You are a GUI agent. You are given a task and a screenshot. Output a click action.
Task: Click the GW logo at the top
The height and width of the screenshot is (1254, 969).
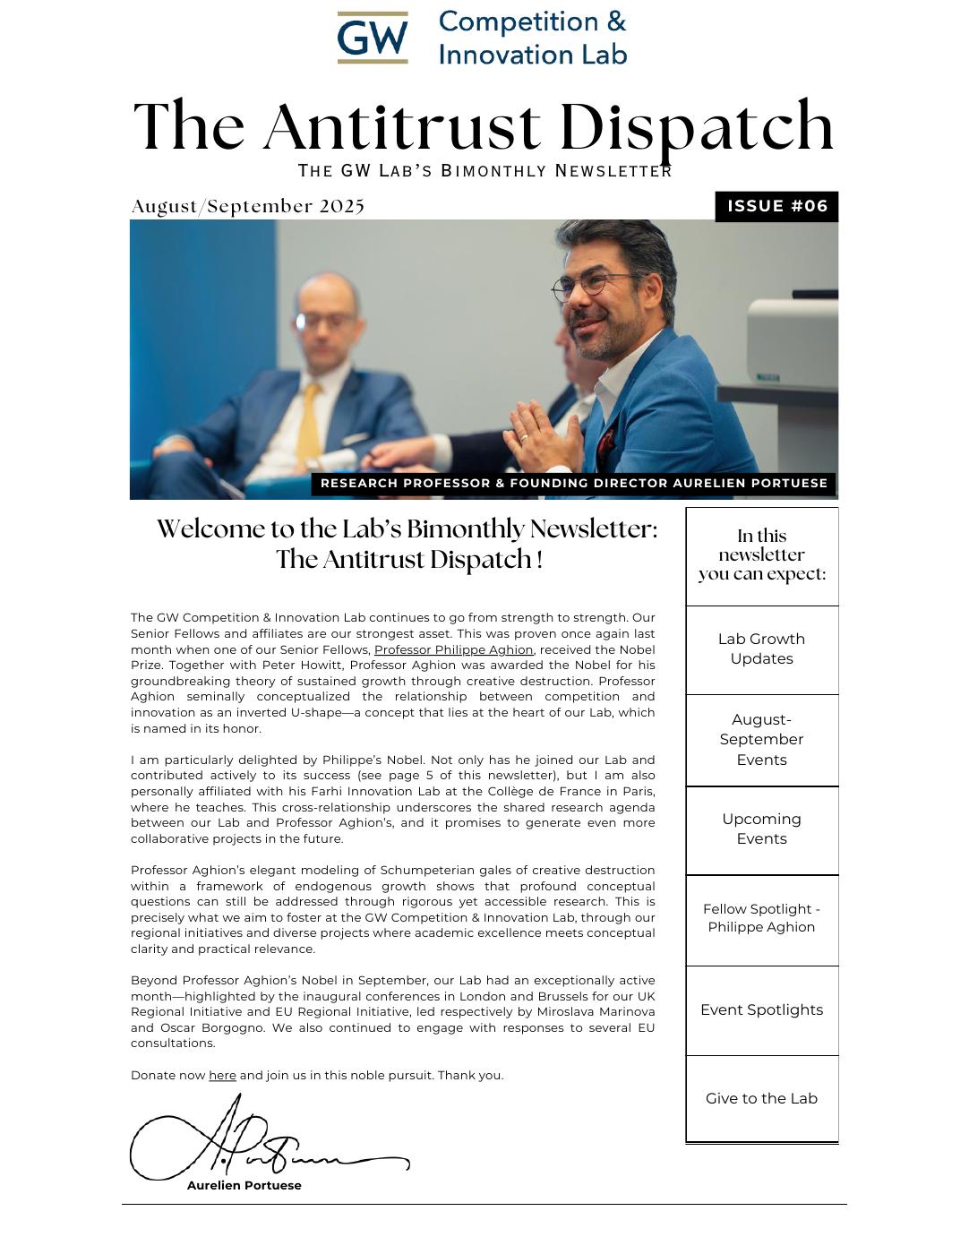click(x=373, y=38)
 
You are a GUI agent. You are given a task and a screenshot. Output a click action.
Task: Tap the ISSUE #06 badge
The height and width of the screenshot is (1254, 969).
click(x=776, y=206)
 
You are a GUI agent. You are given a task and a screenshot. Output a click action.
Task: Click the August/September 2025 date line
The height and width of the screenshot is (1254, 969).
click(x=248, y=206)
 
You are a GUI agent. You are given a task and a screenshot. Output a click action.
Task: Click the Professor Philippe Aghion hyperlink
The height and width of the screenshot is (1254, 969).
click(x=453, y=649)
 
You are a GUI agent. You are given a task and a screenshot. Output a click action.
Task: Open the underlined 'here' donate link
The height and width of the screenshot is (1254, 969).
click(x=222, y=1075)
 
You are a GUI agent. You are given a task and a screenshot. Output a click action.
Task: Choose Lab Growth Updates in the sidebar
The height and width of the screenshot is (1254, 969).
click(x=761, y=648)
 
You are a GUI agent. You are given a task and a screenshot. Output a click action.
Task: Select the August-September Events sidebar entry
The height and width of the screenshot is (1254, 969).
click(x=761, y=739)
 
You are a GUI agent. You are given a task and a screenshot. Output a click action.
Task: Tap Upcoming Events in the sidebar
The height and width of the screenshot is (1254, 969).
click(x=761, y=829)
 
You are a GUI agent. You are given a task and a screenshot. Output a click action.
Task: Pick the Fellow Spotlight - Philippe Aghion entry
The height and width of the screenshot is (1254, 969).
click(x=761, y=918)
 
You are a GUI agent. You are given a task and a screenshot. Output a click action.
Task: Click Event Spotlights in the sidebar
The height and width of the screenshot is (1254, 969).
click(x=761, y=1009)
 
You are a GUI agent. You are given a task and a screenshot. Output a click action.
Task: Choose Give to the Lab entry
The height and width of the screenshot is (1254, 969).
click(x=761, y=1098)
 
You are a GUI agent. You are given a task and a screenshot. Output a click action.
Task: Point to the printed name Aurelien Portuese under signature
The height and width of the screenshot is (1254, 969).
click(x=244, y=1185)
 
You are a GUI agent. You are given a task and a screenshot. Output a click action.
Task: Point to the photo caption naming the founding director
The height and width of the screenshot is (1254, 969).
click(x=573, y=484)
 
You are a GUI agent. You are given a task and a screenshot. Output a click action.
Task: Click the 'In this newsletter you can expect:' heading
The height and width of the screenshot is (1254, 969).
click(x=761, y=554)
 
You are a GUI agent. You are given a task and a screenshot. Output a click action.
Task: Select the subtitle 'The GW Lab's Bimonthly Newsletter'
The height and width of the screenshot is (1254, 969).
click(x=484, y=170)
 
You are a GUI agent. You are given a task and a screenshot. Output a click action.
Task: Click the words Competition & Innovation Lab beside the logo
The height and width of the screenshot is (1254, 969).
click(x=532, y=38)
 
